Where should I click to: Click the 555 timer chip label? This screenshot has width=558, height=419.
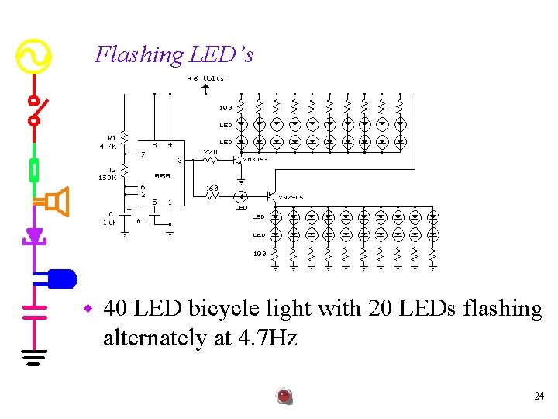tap(162, 176)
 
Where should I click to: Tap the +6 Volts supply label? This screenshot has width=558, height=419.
tap(205, 78)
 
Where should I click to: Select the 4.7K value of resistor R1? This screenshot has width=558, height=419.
tap(108, 145)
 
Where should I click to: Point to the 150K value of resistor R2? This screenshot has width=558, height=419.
tap(107, 177)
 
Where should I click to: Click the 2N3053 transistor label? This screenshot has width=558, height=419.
tap(256, 159)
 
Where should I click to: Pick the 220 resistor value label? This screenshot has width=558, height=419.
tap(210, 152)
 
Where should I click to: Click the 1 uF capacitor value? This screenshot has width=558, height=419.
tap(110, 222)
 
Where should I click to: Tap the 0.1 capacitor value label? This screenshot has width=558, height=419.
tap(143, 220)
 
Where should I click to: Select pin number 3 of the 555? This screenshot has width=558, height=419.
tap(179, 161)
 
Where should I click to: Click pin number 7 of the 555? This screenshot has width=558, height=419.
tap(142, 154)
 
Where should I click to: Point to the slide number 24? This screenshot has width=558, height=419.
tap(539, 396)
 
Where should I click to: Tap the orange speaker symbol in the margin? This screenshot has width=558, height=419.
tap(56, 202)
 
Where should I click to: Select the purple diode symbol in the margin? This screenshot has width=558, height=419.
tap(33, 235)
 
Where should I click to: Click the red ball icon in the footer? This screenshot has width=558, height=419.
tap(284, 396)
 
